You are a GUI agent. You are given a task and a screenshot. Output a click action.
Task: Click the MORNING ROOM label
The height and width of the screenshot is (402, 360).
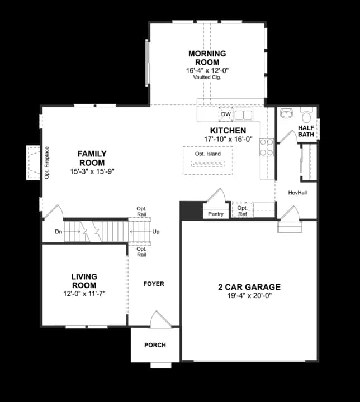(x=207, y=58)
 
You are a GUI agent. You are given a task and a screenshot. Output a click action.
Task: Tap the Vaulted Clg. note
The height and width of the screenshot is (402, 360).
(x=207, y=78)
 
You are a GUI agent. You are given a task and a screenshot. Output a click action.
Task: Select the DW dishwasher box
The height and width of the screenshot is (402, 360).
(x=226, y=114)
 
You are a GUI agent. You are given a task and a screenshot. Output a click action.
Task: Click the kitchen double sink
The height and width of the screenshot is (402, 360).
(x=243, y=115)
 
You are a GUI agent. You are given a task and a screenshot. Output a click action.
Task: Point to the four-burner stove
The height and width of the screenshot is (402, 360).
(x=266, y=147)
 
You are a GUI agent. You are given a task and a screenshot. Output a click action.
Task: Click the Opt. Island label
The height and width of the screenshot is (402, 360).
(x=207, y=154)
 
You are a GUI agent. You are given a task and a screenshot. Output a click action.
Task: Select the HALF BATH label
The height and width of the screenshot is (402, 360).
(x=306, y=131)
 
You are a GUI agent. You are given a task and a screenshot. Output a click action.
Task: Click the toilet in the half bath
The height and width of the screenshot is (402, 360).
(x=306, y=116)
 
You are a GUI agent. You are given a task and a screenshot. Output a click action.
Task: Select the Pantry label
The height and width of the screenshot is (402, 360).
(x=215, y=214)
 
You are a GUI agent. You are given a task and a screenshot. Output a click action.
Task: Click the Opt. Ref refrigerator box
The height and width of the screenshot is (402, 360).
(x=242, y=210)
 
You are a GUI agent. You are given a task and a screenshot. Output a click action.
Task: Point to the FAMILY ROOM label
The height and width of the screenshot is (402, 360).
(x=92, y=158)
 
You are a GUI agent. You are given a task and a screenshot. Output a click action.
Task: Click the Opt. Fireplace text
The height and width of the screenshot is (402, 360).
(x=47, y=162)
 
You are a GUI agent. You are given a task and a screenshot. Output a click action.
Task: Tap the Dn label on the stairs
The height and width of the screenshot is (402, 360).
(x=58, y=231)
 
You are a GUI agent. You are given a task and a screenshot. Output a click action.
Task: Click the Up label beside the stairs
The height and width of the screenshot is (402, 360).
(x=156, y=231)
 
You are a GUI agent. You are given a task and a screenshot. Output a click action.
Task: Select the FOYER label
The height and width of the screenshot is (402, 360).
(x=154, y=284)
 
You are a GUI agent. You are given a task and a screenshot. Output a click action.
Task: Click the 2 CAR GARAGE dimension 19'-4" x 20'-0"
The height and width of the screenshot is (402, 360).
(x=249, y=296)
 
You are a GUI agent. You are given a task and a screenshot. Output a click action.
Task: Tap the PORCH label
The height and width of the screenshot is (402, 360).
(x=155, y=345)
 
